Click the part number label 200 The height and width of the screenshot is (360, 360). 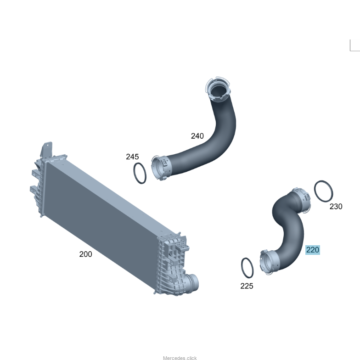tap(85, 254)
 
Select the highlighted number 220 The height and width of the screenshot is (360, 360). tap(313, 250)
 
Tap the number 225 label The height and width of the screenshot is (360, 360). tap(247, 286)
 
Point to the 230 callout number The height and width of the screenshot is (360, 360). tap(336, 207)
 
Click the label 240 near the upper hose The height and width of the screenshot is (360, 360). tap(197, 136)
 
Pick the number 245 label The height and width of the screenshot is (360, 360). tap(132, 157)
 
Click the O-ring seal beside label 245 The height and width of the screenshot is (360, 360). tap(134, 174)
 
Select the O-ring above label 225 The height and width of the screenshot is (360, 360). tap(242, 268)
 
